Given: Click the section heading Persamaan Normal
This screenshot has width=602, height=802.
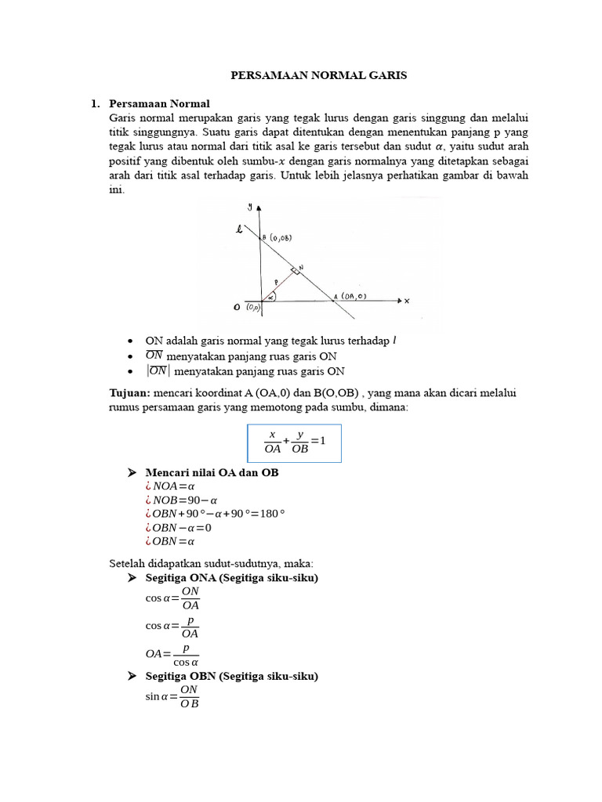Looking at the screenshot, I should pyautogui.click(x=160, y=103).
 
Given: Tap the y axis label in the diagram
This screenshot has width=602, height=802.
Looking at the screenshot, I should pyautogui.click(x=249, y=207).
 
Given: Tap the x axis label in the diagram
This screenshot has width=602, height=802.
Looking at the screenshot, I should pyautogui.click(x=407, y=300).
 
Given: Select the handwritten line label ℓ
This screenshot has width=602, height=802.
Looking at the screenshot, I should pyautogui.click(x=238, y=229).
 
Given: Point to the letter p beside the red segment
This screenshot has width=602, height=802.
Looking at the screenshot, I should pyautogui.click(x=276, y=282).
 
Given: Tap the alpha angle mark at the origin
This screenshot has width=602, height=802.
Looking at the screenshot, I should pyautogui.click(x=270, y=298).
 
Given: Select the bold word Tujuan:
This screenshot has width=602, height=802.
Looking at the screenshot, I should pyautogui.click(x=129, y=392).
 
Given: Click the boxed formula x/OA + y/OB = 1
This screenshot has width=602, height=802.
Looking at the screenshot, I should pyautogui.click(x=294, y=443).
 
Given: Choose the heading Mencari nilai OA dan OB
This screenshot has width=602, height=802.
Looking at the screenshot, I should pyautogui.click(x=212, y=473).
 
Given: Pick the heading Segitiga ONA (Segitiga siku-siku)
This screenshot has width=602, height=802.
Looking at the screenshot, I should pyautogui.click(x=231, y=577).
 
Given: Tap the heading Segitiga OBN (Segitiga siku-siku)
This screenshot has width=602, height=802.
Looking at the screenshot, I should pyautogui.click(x=231, y=676).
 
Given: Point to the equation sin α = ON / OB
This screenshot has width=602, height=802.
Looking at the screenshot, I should pyautogui.click(x=173, y=695).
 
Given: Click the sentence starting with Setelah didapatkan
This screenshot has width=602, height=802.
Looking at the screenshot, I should pyautogui.click(x=210, y=563).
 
